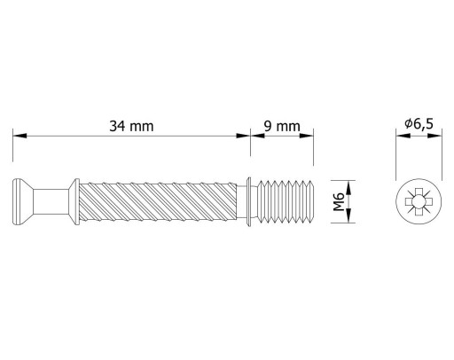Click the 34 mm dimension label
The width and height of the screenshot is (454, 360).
coord(131,126)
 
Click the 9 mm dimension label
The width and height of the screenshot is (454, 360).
coord(282,126)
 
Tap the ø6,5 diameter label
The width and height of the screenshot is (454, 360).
coord(419,123)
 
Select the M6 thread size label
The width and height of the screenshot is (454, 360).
coord(339,201)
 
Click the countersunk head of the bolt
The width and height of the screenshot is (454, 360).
coord(22,201)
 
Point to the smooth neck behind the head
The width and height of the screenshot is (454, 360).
coord(51,201)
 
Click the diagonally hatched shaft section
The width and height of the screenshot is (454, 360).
coord(158,201)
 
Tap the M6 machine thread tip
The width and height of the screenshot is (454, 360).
coord(286,201)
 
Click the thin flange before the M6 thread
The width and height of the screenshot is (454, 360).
coord(249,201)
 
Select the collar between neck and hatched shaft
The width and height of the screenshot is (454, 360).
coord(74,201)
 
